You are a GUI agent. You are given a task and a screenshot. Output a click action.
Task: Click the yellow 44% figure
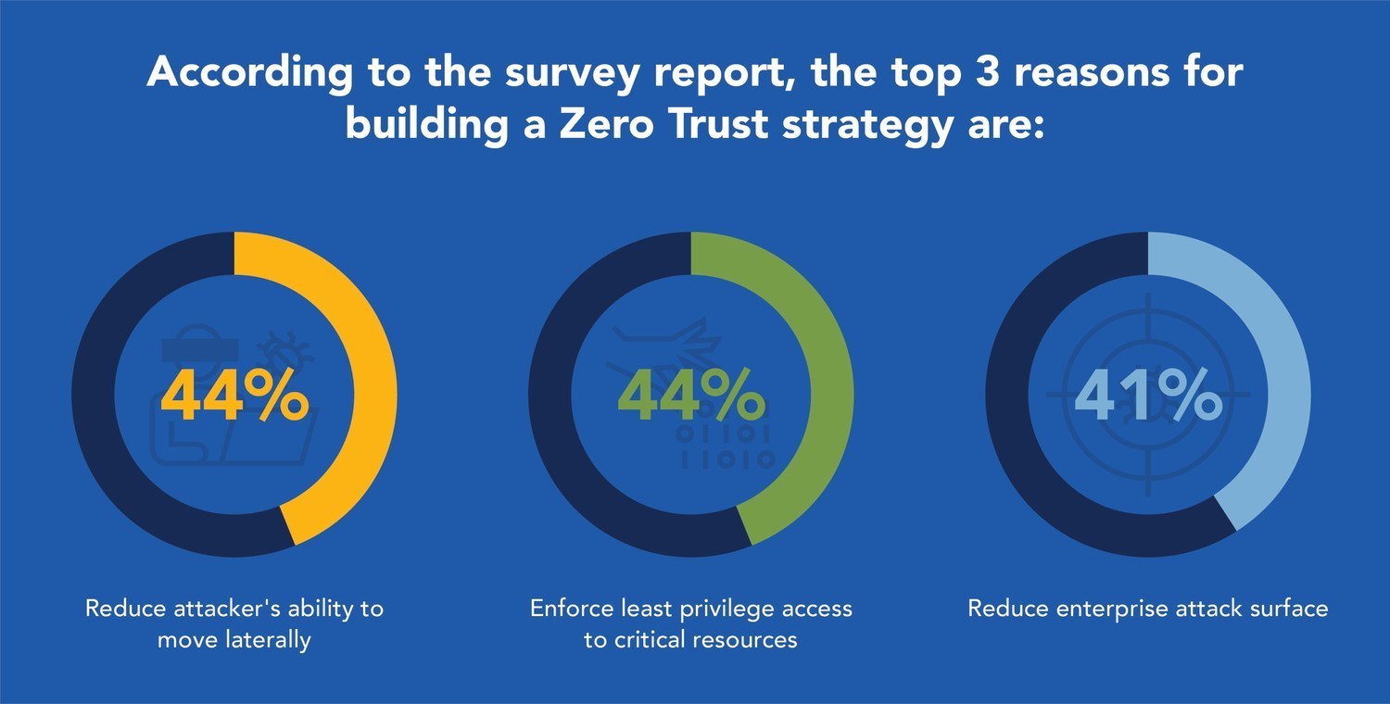234,396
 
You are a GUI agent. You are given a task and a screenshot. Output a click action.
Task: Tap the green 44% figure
691,396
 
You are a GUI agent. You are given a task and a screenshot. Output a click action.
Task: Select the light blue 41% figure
1147,396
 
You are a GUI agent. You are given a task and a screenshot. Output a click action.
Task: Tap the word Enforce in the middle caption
570,609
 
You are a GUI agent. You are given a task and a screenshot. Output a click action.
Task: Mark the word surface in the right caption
1286,609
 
